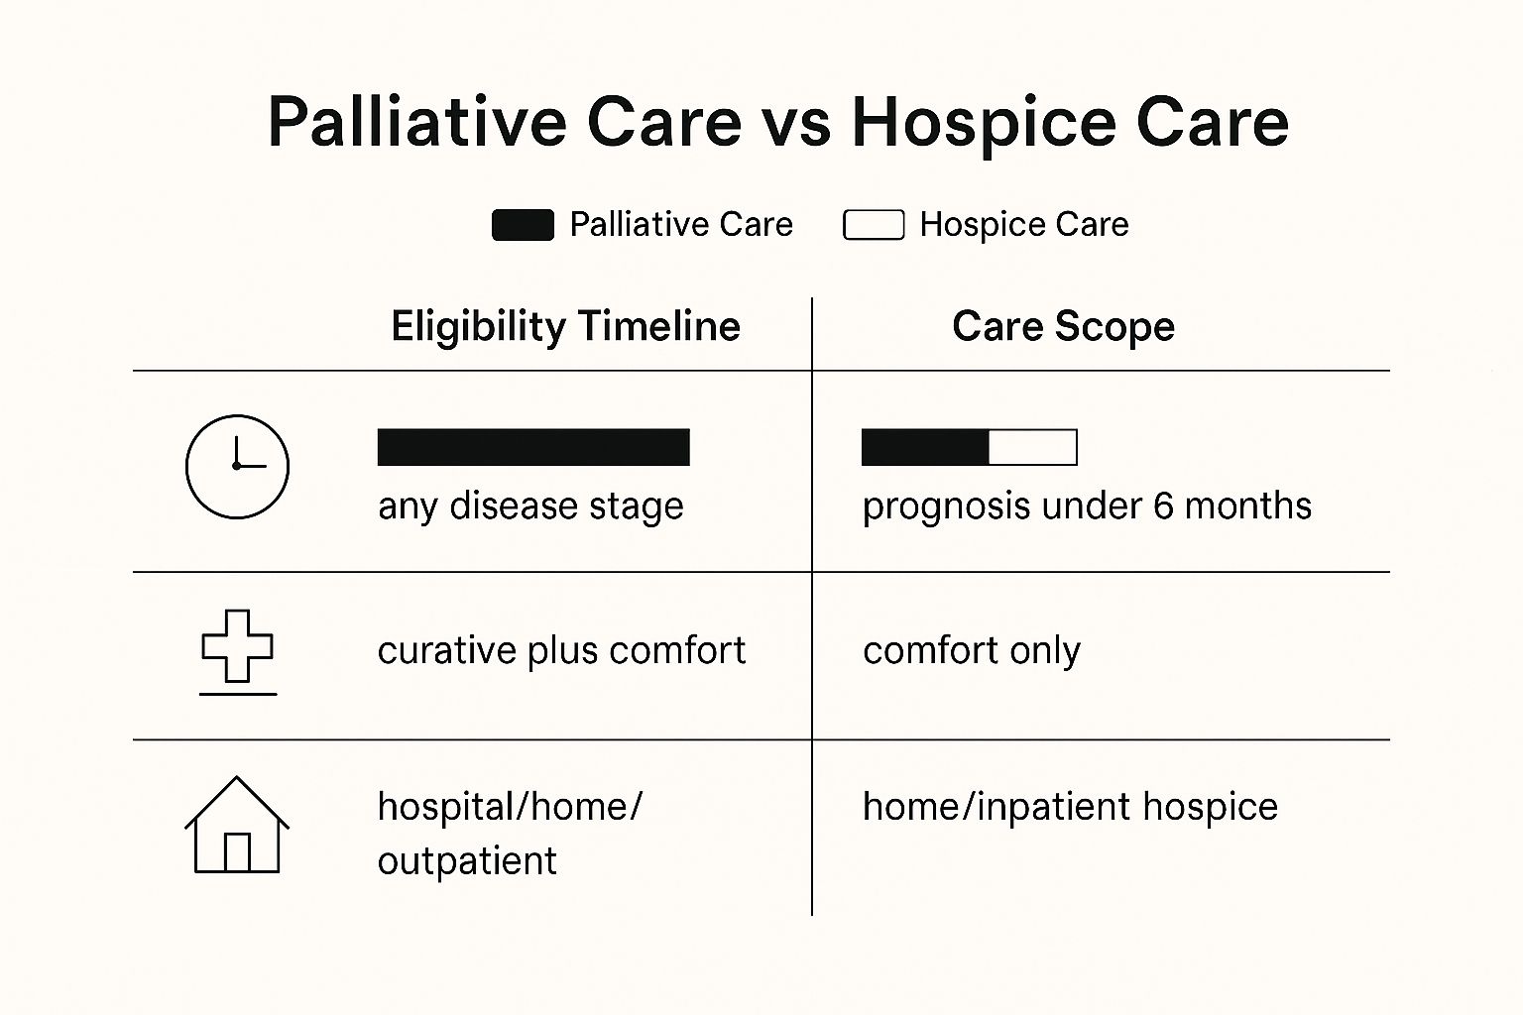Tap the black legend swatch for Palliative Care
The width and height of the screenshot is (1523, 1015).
[523, 225]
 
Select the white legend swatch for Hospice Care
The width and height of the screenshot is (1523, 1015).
[874, 225]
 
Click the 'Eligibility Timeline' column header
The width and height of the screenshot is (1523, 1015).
[566, 327]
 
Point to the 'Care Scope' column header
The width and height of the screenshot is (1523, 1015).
[1063, 327]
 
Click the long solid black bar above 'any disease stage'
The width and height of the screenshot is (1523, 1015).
[533, 447]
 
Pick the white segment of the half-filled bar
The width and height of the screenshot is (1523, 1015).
[1033, 447]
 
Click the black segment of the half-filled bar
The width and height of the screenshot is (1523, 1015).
[925, 447]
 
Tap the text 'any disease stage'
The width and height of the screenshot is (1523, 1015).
[531, 507]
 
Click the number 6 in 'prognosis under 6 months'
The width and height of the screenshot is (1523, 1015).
[1163, 506]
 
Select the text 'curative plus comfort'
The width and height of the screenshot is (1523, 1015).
[561, 650]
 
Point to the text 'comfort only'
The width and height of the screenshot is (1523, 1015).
[972, 651]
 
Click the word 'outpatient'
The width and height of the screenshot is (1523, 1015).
[467, 861]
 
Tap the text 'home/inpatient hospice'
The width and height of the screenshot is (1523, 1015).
[1070, 808]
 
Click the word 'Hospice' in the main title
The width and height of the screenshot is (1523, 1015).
[984, 125]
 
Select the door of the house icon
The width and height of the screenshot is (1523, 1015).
[237, 852]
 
